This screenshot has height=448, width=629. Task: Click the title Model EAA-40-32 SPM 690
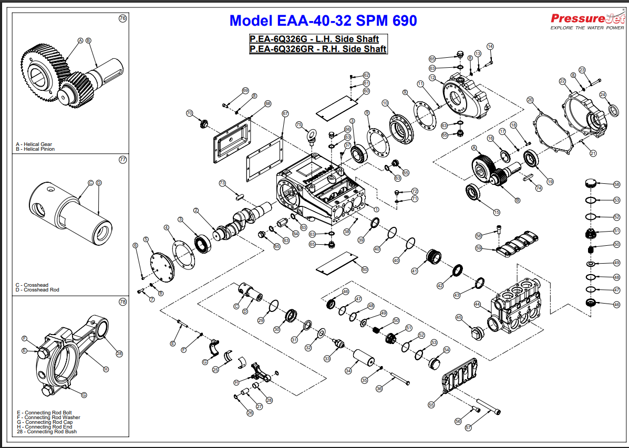(323, 20)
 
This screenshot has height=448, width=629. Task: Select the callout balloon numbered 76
(123, 18)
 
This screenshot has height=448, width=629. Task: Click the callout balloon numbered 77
(123, 160)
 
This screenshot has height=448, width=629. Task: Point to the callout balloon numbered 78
(123, 302)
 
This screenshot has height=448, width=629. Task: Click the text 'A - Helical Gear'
(34, 144)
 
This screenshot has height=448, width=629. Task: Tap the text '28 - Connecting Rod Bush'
(47, 432)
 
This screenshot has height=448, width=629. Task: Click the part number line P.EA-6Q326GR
(318, 49)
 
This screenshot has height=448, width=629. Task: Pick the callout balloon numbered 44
(477, 304)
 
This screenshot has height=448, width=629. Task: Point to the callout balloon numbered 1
(376, 209)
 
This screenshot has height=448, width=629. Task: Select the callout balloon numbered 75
(299, 125)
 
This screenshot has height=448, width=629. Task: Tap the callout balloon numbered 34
(348, 371)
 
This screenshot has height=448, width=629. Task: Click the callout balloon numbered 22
(562, 81)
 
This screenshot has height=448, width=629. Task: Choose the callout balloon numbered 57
(468, 428)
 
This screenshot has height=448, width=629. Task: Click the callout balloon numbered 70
(190, 113)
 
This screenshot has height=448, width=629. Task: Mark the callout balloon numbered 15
(497, 212)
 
